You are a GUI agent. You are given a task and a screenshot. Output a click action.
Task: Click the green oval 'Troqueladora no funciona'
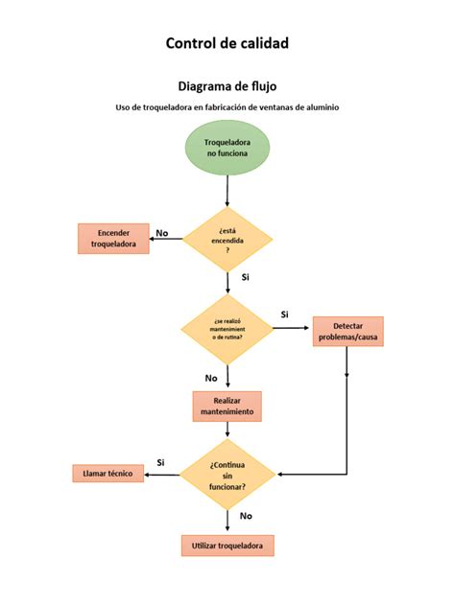(x=227, y=148)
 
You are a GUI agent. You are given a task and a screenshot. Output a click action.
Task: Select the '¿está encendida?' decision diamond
(x=227, y=239)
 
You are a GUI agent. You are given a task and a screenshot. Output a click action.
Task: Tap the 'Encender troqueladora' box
(x=113, y=239)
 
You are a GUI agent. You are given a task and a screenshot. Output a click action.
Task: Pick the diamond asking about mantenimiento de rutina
(x=227, y=329)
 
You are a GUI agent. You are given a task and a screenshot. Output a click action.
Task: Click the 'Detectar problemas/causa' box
(x=347, y=332)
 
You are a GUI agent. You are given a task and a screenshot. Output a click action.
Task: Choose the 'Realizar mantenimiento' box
(x=227, y=406)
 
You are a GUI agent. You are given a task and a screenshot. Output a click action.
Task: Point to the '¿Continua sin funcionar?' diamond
(x=227, y=473)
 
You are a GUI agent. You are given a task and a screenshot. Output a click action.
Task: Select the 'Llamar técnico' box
(x=108, y=474)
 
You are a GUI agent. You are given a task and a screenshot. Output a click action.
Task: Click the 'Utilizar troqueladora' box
(x=227, y=546)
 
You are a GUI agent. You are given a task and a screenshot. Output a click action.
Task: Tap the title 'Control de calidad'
(x=227, y=43)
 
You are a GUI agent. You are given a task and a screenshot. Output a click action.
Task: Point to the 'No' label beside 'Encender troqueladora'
(x=162, y=233)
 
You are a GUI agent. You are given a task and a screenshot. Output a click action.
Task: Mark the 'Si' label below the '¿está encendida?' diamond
(x=246, y=277)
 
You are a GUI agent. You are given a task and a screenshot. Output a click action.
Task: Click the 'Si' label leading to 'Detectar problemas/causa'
(x=285, y=315)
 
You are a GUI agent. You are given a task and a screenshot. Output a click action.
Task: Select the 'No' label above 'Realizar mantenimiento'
(x=211, y=378)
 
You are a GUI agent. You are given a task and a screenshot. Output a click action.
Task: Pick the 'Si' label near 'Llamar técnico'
(x=160, y=462)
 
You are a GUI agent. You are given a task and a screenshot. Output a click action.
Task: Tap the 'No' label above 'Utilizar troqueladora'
(x=246, y=516)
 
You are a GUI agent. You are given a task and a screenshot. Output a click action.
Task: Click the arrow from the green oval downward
(x=227, y=192)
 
